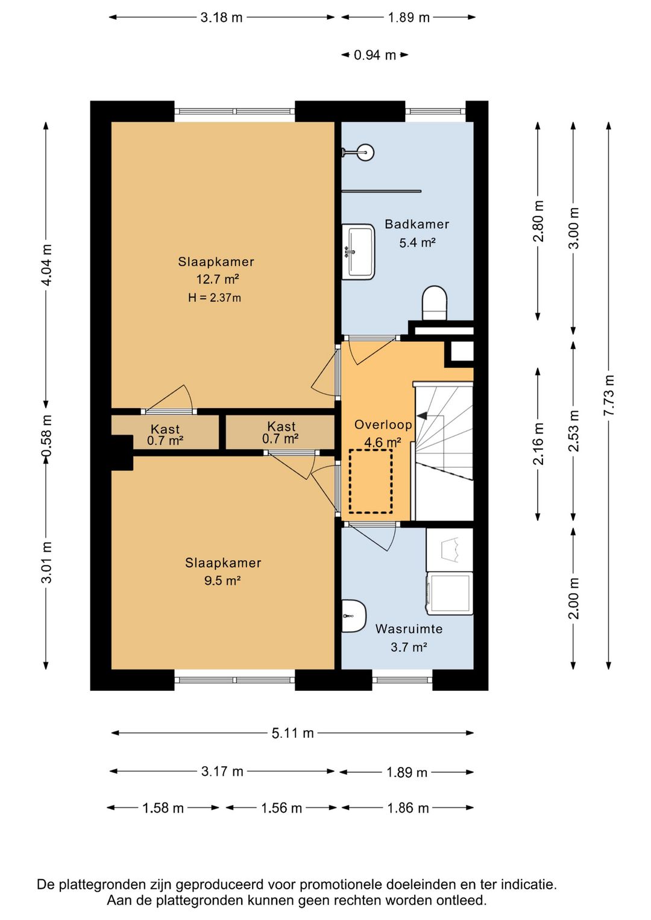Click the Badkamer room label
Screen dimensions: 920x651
(x=417, y=224)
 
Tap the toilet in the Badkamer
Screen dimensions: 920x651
(x=434, y=301)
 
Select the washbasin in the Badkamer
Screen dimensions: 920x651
(x=358, y=251)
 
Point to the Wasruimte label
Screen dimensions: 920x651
(x=409, y=629)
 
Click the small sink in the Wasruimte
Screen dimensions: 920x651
(x=353, y=616)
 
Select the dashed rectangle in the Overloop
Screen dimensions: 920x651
(x=370, y=481)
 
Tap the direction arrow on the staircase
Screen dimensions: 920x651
(x=422, y=415)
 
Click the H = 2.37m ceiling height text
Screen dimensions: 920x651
(x=214, y=298)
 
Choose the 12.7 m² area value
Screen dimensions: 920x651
(x=217, y=280)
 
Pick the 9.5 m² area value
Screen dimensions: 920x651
(x=222, y=581)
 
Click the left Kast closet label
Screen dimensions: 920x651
(x=165, y=429)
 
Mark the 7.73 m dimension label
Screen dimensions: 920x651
(x=609, y=395)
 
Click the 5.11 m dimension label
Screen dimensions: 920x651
(x=292, y=733)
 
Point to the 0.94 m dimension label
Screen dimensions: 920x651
(x=374, y=55)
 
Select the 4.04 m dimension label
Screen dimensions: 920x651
(x=46, y=265)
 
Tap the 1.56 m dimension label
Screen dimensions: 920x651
(x=281, y=808)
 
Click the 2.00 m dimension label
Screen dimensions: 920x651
(x=573, y=597)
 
